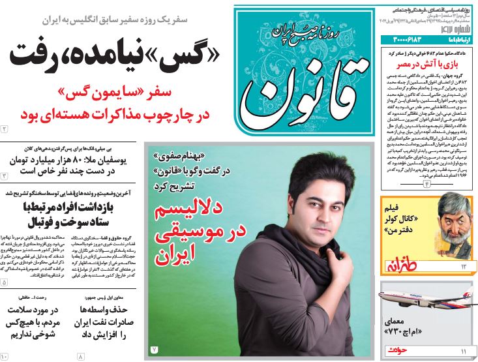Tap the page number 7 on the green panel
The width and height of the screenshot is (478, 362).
[x=155, y=349]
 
